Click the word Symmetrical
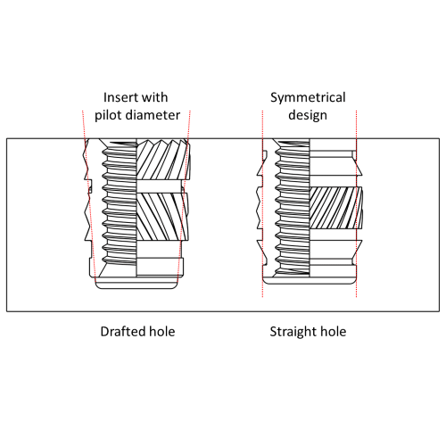click(x=308, y=97)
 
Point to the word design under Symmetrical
click(x=308, y=115)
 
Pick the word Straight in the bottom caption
click(x=293, y=332)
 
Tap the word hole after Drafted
click(x=161, y=332)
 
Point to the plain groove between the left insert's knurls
click(x=161, y=185)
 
